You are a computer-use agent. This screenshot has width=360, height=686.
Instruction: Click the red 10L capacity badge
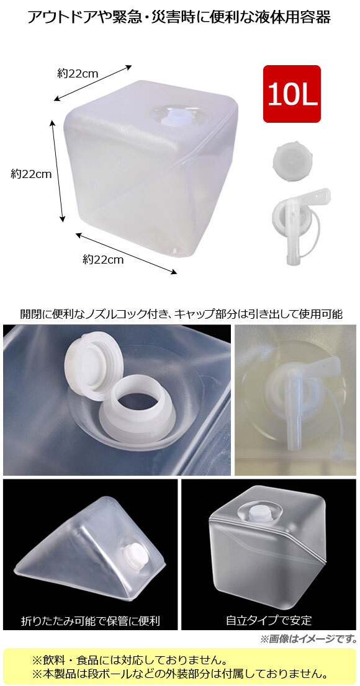click(x=292, y=94)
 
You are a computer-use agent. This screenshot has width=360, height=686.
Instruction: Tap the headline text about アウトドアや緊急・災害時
click(x=179, y=17)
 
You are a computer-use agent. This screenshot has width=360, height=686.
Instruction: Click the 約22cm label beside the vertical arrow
click(x=31, y=174)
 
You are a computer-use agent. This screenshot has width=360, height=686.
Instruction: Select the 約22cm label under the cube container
click(x=103, y=259)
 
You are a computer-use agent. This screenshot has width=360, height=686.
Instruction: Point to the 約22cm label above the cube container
click(x=78, y=73)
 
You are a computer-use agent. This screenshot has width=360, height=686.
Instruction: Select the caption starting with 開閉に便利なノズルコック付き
click(x=181, y=314)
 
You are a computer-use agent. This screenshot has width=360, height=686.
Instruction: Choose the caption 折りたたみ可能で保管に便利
click(x=91, y=620)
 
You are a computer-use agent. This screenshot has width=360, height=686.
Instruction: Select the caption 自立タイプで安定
click(x=269, y=620)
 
